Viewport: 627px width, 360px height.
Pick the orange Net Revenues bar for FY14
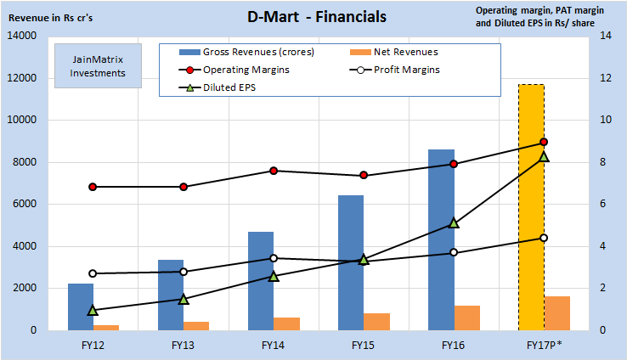(286, 323)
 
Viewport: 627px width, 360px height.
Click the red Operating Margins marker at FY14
(274, 171)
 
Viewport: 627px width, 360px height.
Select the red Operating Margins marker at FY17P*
(544, 143)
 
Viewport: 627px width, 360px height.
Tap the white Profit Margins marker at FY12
(93, 273)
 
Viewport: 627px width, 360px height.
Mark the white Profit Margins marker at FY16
(454, 252)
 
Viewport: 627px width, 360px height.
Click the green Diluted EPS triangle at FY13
(184, 299)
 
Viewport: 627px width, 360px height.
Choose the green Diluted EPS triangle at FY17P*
(544, 156)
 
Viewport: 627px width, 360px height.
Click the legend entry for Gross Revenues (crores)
(246, 53)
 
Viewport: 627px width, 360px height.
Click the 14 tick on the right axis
(606, 37)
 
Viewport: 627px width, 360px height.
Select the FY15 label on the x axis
(364, 346)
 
